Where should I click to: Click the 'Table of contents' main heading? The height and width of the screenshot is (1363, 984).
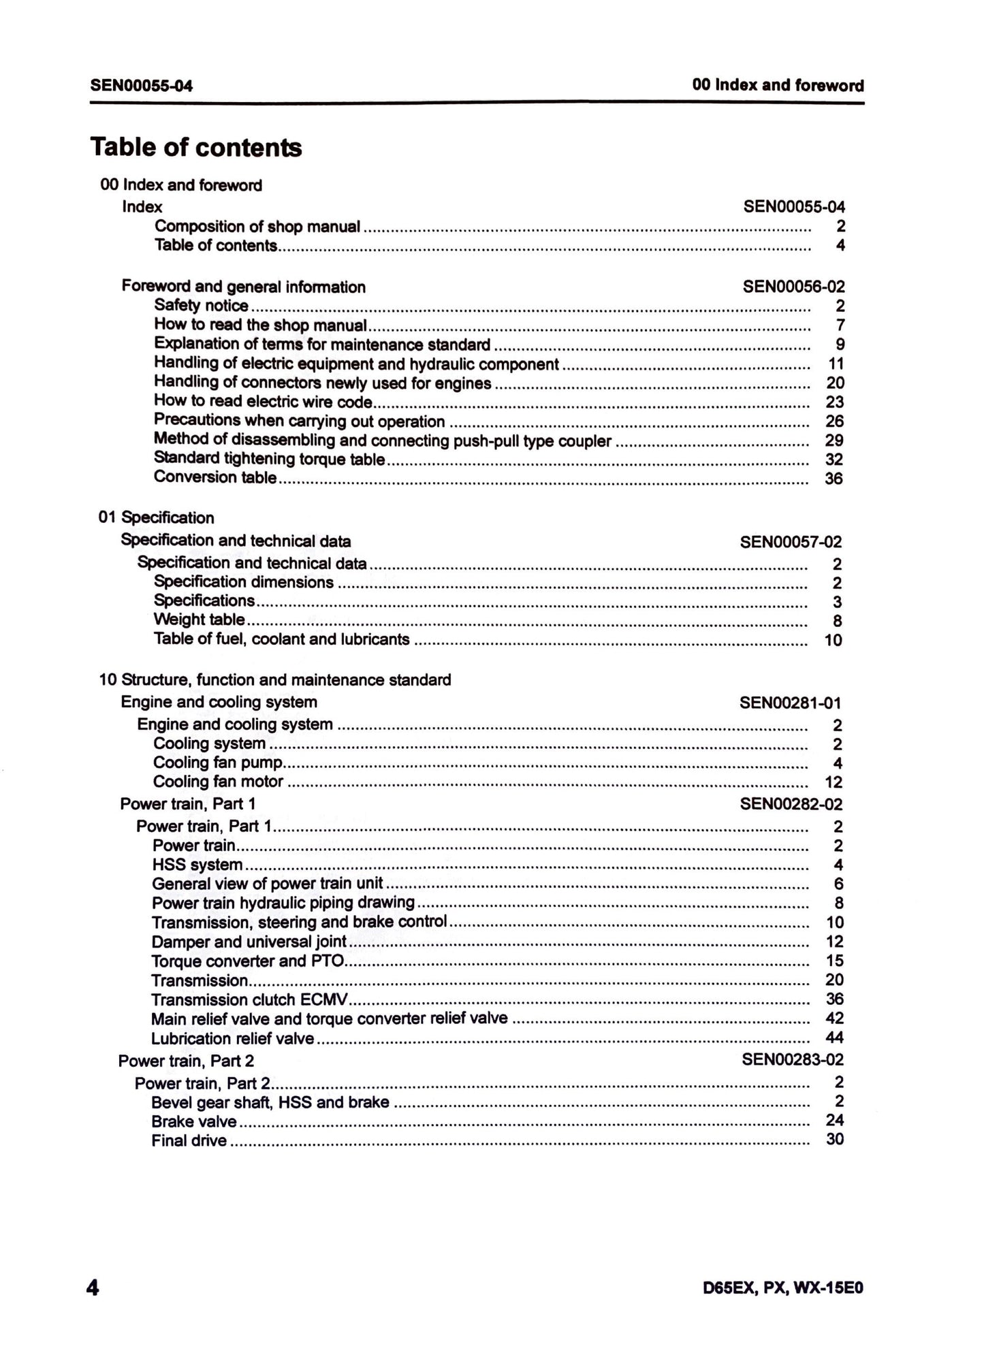point(195,147)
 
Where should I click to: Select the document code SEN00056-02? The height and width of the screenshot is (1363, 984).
point(793,287)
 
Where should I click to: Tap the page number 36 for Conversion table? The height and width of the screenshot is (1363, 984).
point(834,479)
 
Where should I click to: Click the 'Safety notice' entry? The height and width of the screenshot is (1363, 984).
point(201,306)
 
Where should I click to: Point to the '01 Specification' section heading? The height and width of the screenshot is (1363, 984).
point(156,517)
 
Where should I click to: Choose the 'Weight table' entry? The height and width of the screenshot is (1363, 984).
point(199,620)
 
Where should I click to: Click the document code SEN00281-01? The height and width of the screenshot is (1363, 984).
point(791,703)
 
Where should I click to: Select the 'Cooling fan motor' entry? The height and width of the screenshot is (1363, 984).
point(218,782)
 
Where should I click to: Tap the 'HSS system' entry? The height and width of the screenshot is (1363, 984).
point(197,865)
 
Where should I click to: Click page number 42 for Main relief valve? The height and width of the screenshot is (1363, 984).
point(834,1018)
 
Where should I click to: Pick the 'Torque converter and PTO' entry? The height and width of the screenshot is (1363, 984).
point(248,961)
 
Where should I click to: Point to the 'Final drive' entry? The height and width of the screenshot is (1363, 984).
point(189,1140)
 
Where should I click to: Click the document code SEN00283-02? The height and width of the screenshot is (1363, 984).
point(792,1060)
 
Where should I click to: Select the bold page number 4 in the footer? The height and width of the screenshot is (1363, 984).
point(93,1288)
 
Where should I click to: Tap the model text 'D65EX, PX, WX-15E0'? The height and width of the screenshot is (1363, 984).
point(783,1289)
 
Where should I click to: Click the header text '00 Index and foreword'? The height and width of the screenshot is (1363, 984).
point(778,85)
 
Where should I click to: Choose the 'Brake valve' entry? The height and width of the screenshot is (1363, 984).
point(194,1121)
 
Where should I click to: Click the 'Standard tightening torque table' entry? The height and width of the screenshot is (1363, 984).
point(270,460)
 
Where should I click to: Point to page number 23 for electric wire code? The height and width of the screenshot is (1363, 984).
point(834,402)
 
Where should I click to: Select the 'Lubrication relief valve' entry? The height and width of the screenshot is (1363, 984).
point(232,1038)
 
